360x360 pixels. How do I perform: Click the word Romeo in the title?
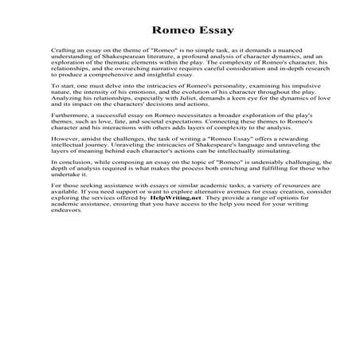click(158, 31)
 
